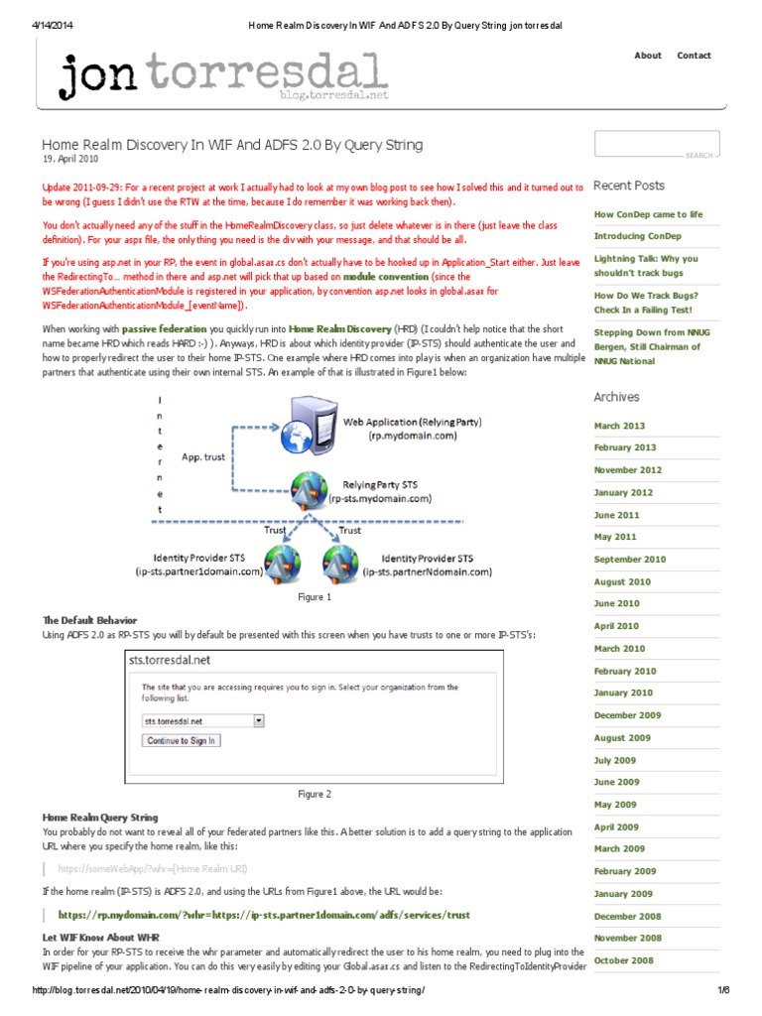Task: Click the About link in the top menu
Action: click(x=647, y=56)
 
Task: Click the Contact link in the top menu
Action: click(x=694, y=56)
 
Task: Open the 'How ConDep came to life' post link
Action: click(x=648, y=214)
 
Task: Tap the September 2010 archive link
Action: click(x=630, y=559)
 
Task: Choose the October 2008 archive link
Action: click(x=624, y=960)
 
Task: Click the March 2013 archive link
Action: click(x=619, y=425)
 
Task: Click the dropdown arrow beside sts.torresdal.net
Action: click(x=259, y=721)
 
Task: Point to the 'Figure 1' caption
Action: click(x=315, y=597)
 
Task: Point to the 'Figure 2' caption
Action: click(x=315, y=794)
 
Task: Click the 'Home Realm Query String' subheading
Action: click(x=100, y=818)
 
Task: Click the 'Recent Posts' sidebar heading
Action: click(x=629, y=186)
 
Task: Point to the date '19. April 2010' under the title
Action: click(x=70, y=159)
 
